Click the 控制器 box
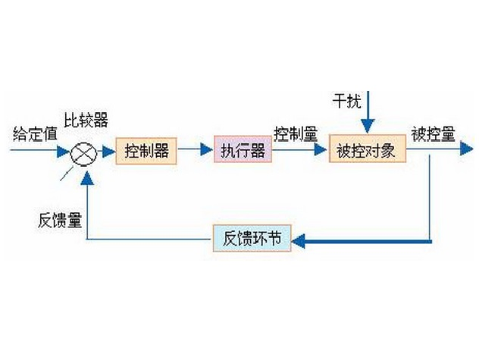click(146, 150)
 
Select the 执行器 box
click(243, 150)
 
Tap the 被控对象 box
click(366, 150)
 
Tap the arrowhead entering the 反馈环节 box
click(297, 241)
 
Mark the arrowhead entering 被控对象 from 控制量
click(321, 151)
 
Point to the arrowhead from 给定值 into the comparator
click(64, 151)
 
